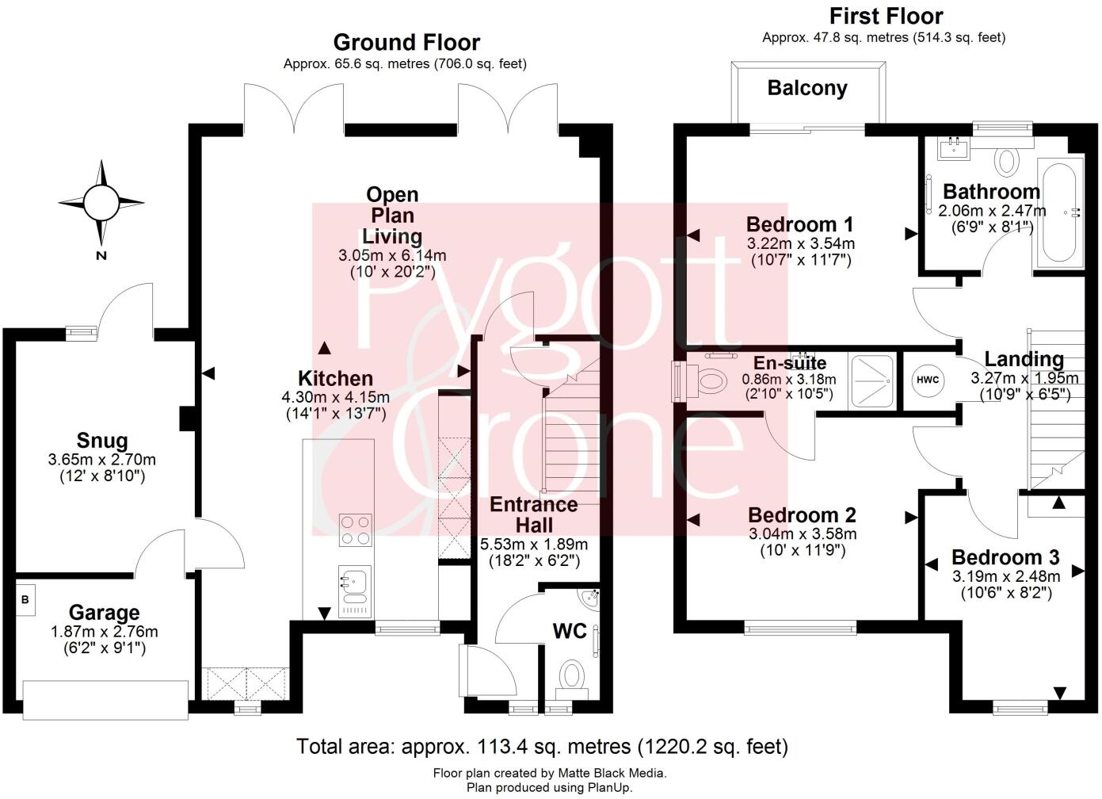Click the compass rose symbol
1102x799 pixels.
tap(101, 203)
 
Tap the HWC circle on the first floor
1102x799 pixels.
tap(928, 380)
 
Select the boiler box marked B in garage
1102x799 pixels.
tap(25, 600)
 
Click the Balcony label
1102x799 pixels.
tap(807, 88)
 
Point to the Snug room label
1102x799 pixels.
tap(102, 441)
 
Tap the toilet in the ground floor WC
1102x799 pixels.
tap(571, 677)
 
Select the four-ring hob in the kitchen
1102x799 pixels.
tap(356, 530)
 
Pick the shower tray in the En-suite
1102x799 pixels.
tap(871, 380)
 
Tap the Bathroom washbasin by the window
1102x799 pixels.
tap(953, 147)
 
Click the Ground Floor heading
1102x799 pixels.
tap(406, 42)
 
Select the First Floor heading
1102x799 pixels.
tap(886, 16)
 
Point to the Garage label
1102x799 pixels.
tap(104, 613)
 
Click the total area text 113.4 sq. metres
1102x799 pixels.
tap(542, 746)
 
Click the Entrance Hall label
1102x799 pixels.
tap(534, 514)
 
